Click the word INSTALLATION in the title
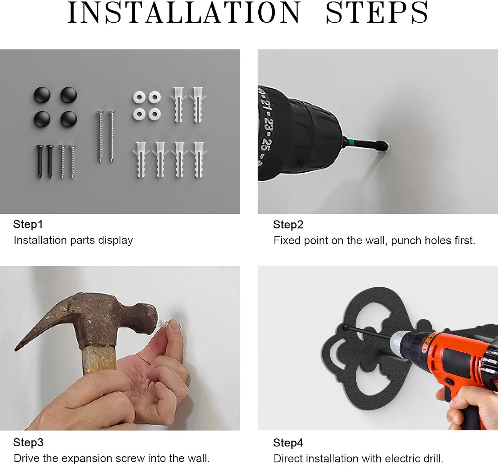point(184,12)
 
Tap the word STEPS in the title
point(377,12)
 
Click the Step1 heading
point(28,224)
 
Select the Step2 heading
point(288,225)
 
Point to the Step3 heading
point(28,443)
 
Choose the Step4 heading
point(288,443)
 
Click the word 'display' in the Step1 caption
point(116,240)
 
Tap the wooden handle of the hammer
point(100,359)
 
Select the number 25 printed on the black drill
point(265,144)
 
